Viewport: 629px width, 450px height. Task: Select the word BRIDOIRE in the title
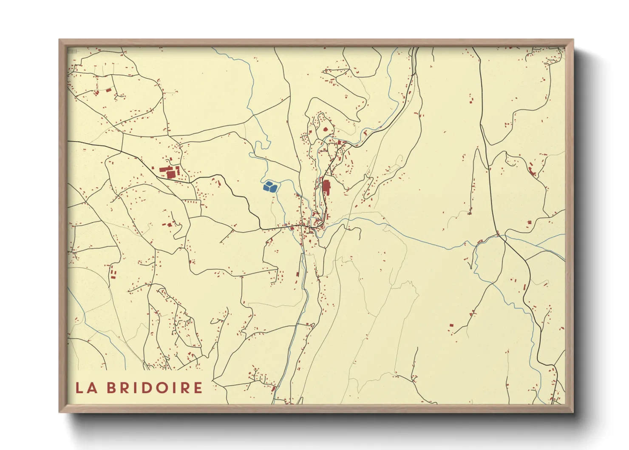[155, 388]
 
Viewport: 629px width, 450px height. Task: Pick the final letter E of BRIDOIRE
[198, 388]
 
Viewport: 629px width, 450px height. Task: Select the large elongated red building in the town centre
[326, 187]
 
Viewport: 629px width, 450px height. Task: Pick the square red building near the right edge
[530, 222]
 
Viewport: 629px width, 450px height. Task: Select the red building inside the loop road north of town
[326, 129]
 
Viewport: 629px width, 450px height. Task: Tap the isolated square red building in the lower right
[451, 325]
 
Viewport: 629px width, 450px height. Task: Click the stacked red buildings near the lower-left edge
[113, 273]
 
